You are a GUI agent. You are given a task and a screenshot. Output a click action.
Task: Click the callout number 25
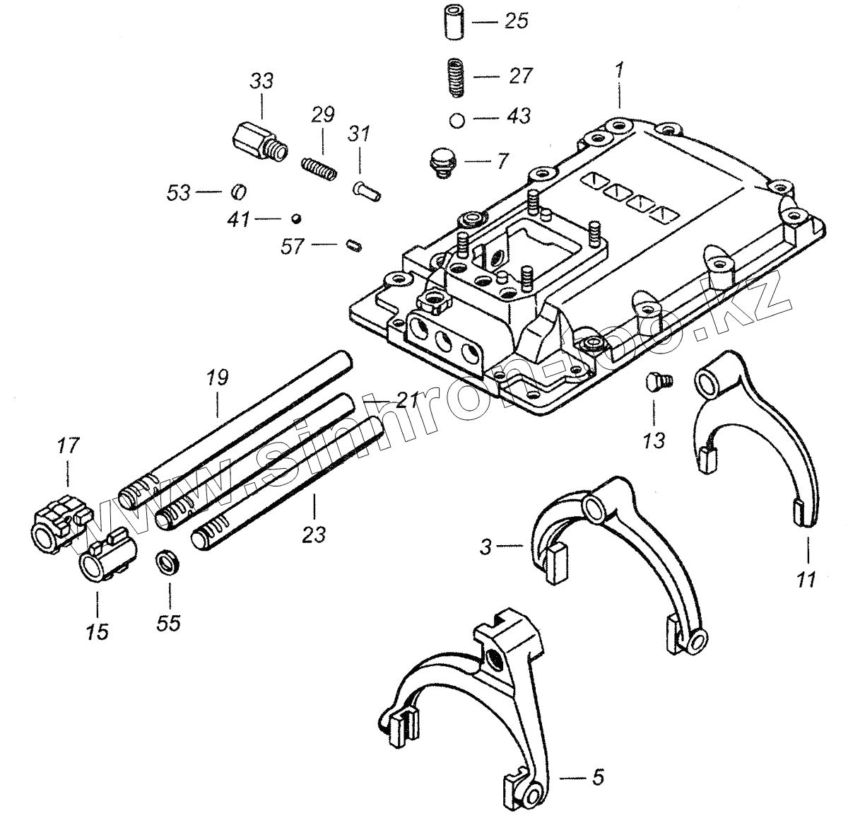516,22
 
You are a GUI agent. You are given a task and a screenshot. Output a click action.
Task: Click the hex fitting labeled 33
259,141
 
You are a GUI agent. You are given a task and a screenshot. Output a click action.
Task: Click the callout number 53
178,192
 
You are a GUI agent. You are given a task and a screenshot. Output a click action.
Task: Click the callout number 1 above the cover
620,71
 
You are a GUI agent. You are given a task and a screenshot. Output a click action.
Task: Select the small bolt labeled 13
657,383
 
